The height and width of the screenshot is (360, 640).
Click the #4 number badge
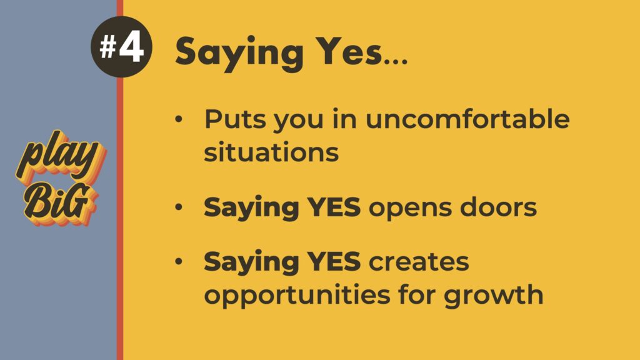coord(121,47)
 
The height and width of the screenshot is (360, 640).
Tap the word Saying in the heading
coord(239,53)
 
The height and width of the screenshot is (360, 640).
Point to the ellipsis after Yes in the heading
coord(396,62)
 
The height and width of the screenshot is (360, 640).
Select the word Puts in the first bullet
coord(235,119)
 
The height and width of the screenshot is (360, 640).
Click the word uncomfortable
coord(467,119)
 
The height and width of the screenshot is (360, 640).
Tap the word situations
coord(271,152)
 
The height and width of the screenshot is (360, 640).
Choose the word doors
coord(498,206)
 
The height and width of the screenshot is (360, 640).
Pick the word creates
coord(419,262)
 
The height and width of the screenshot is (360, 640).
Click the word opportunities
coord(297,296)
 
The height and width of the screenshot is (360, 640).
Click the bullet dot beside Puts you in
coord(179,119)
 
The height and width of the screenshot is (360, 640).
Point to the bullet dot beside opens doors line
coord(179,207)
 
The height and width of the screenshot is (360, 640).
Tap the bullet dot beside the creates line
coord(179,261)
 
